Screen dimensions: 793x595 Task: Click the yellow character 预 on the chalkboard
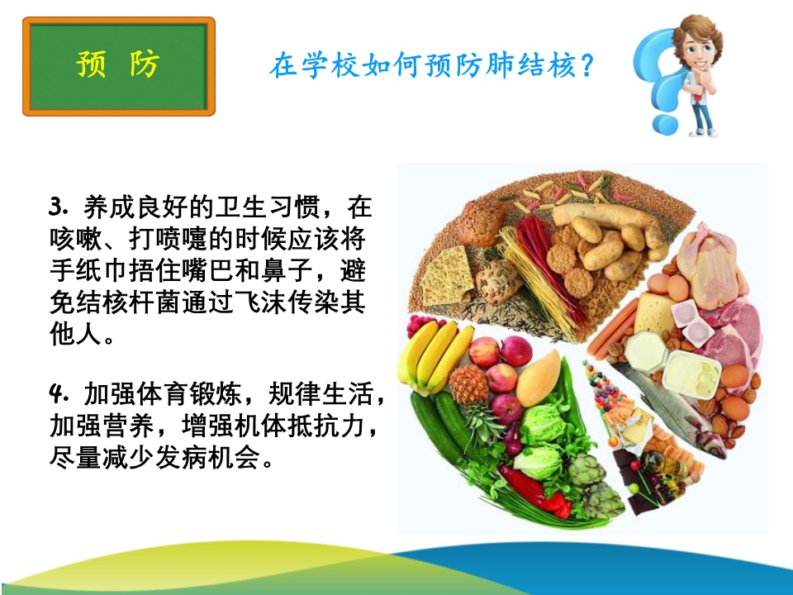(91, 64)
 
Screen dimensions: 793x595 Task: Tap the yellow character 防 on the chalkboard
(145, 64)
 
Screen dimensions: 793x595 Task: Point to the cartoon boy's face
(697, 50)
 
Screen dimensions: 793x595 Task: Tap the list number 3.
(58, 207)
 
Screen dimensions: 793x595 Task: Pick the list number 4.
(58, 393)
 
